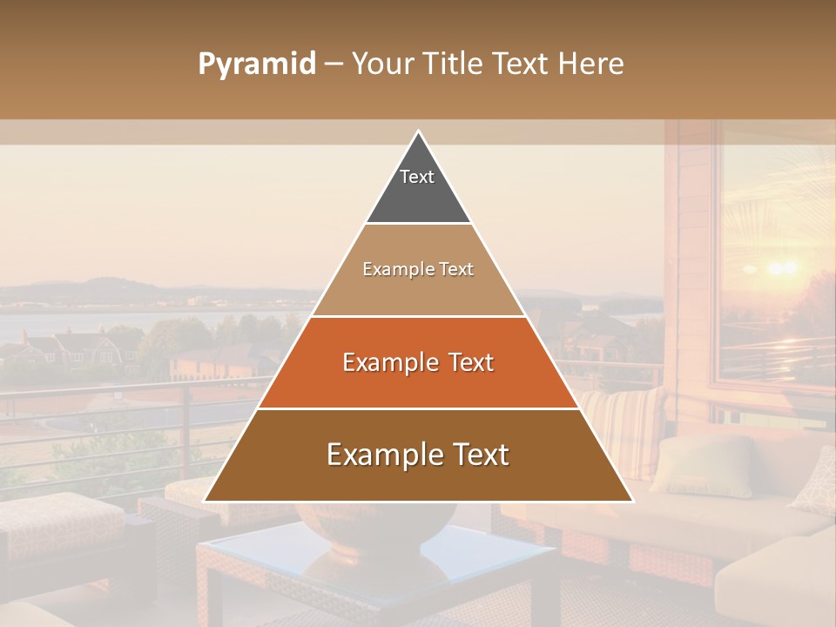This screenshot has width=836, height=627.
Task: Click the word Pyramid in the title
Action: [256, 64]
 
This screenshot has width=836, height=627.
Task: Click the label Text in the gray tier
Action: [417, 177]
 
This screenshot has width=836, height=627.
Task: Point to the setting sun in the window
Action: [781, 267]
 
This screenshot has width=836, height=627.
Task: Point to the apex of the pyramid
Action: [418, 133]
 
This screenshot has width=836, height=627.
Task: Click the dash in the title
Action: [333, 64]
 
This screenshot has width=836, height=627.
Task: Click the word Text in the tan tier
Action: [455, 269]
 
